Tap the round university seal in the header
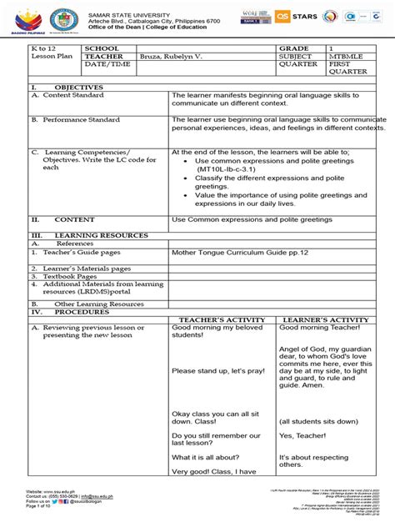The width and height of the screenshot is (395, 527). coord(62,21)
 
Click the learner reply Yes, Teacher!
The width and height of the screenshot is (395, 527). coord(305,435)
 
